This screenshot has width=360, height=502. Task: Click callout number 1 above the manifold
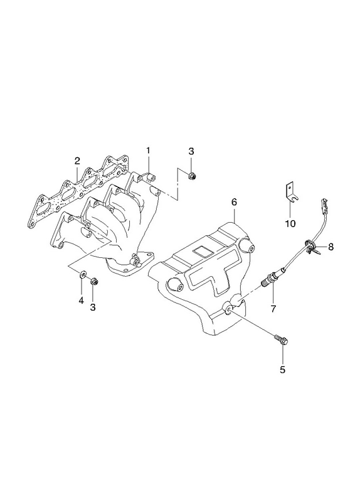(x=148, y=150)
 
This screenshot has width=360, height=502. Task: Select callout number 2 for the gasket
(x=77, y=161)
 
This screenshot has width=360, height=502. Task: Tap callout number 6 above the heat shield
(x=234, y=202)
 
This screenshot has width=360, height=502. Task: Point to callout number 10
(x=290, y=223)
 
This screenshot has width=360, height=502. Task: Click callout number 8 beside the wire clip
(x=331, y=247)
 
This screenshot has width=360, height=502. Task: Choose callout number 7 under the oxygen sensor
(x=273, y=309)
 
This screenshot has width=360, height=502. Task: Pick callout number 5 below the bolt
(x=282, y=370)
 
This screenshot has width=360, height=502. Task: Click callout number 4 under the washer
(x=82, y=301)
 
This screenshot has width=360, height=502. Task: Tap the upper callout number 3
(x=191, y=151)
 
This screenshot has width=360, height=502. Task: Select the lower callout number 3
(x=93, y=307)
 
